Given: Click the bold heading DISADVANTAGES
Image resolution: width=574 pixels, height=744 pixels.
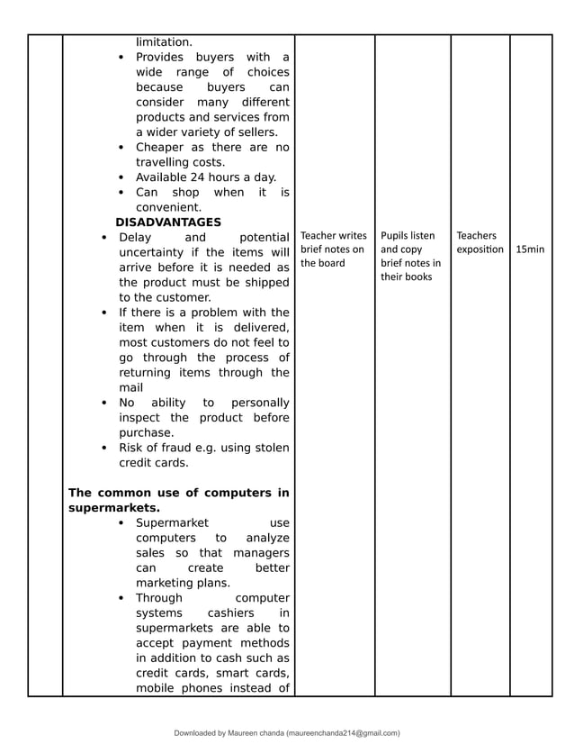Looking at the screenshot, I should click(167, 222).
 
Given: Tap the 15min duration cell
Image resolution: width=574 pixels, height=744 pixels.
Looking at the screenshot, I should click(530, 249).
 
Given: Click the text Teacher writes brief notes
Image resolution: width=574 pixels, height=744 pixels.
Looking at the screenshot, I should click(333, 250).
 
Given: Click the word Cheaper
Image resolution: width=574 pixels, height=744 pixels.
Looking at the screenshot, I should click(158, 147).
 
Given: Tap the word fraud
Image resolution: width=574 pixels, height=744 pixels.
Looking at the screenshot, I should click(184, 448).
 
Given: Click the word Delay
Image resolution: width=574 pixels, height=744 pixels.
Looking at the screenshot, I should click(135, 237).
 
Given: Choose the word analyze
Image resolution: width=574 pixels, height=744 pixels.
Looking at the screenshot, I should click(267, 538).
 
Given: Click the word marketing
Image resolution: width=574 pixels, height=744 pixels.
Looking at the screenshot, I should click(168, 583).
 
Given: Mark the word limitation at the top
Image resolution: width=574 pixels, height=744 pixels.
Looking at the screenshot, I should click(164, 41).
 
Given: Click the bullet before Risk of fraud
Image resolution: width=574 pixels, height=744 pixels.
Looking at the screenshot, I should click(105, 448).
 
